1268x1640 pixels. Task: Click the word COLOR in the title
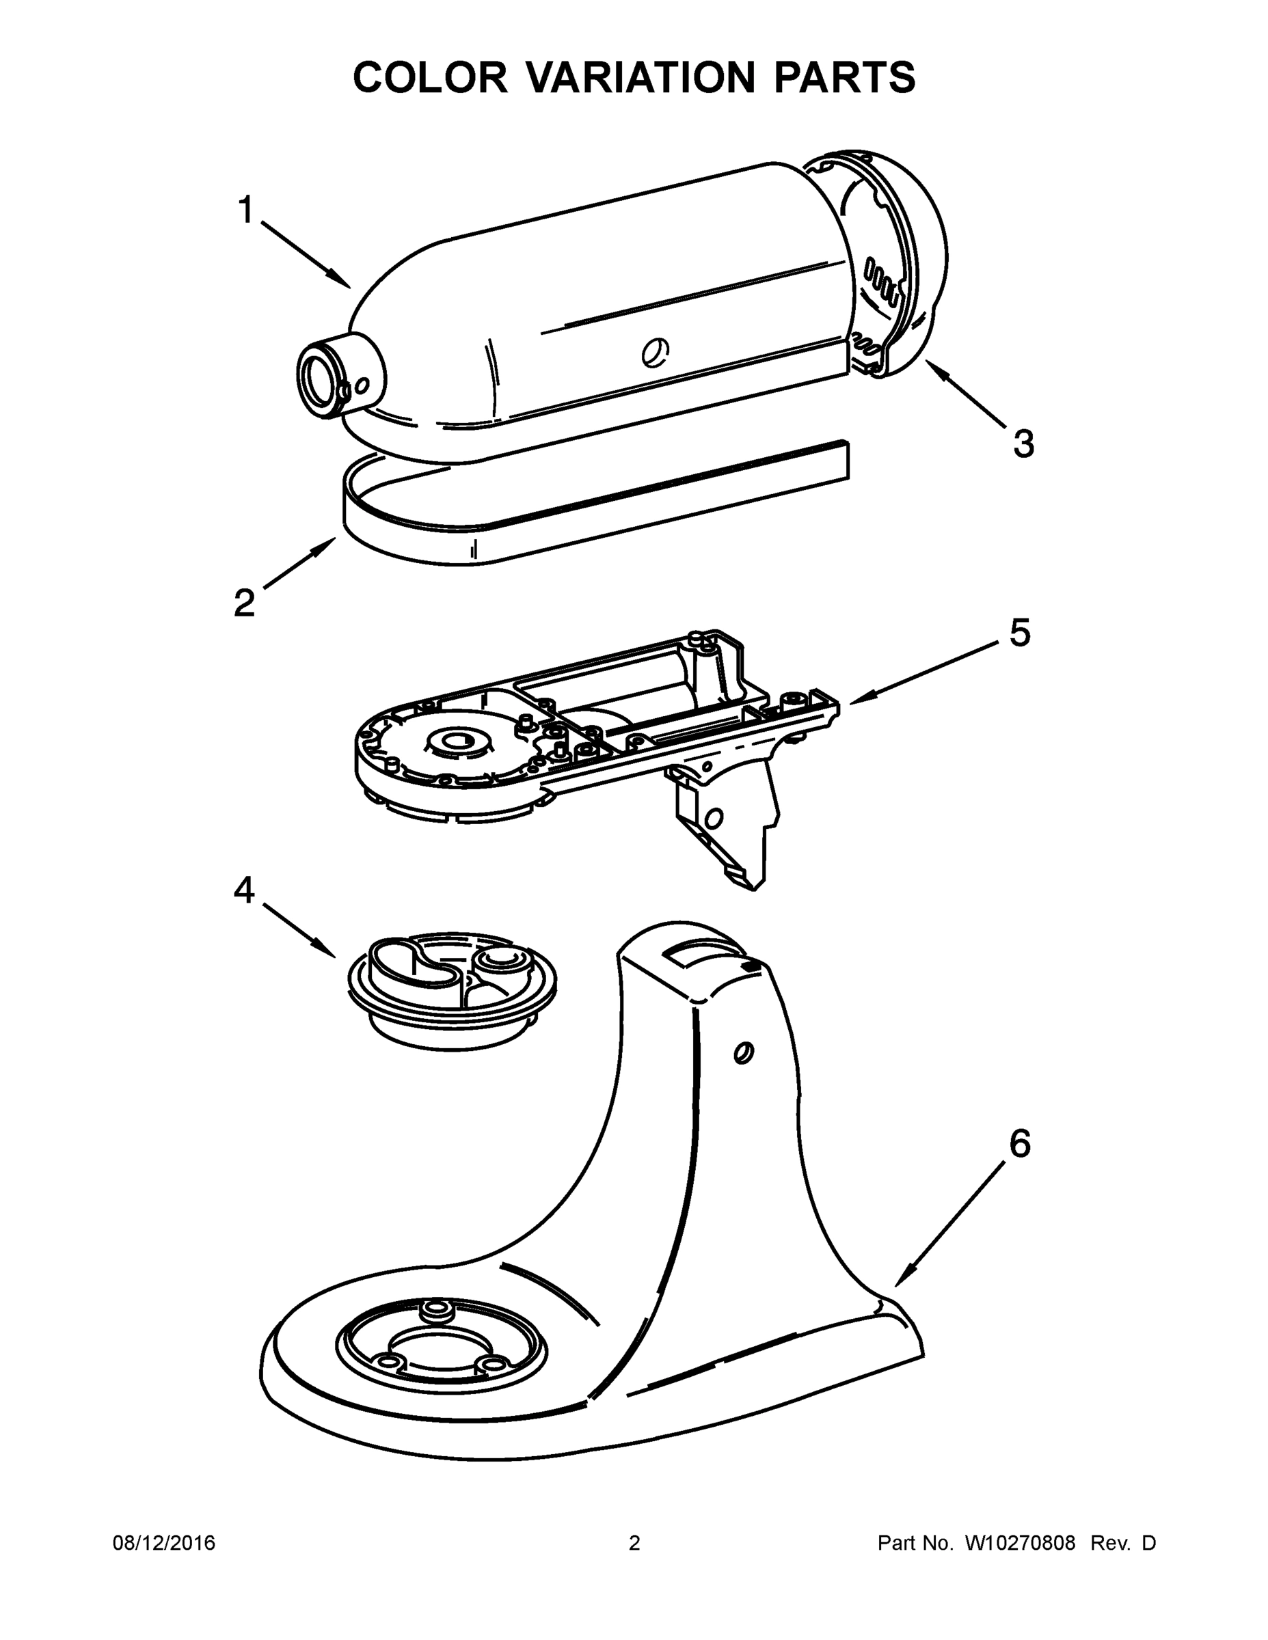point(430,77)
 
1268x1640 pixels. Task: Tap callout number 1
point(245,210)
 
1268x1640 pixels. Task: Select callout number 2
point(244,603)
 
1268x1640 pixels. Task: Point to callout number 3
point(1023,443)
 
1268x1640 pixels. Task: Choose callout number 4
point(244,890)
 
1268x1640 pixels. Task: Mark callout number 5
point(1019,633)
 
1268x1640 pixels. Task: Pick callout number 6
point(1019,1144)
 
